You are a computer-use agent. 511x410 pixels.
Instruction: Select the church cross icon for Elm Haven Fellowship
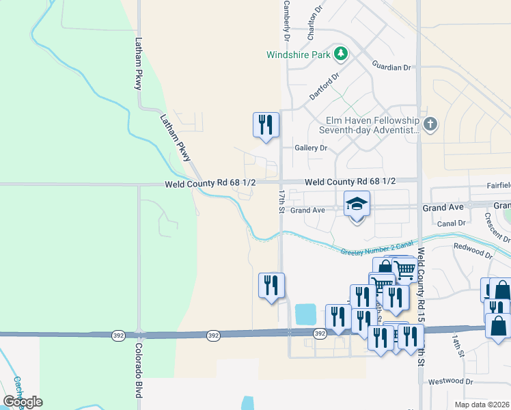click(429, 124)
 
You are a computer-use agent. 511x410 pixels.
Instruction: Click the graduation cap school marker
click(357, 204)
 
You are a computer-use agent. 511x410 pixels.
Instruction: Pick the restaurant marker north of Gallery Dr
click(266, 125)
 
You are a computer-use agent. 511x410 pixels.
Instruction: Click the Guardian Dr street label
click(391, 67)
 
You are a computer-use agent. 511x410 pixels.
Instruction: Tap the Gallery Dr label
click(311, 148)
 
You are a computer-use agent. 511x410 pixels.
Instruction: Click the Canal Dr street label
click(452, 223)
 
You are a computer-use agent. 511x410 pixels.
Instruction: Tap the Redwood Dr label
click(472, 249)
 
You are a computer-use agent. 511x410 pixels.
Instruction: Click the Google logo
click(23, 401)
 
